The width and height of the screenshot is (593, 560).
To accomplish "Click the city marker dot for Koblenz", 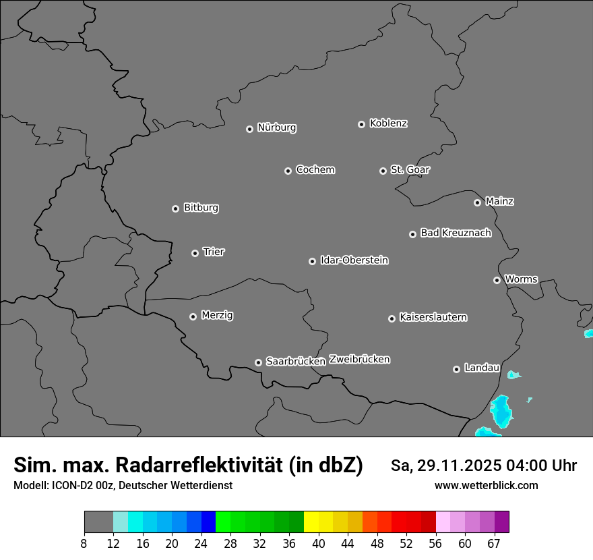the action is pos(361,124).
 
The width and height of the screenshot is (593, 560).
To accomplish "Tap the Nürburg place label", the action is pos(276,128).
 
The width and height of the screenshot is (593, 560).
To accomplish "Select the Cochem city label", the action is pos(315,169).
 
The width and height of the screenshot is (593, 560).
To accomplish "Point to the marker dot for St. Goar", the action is pos(383,171).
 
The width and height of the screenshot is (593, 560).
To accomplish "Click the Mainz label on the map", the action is pos(499,201).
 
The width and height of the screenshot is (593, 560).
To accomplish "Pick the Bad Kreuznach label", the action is pos(456,233).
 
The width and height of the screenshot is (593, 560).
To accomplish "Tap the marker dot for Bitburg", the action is pos(175,208).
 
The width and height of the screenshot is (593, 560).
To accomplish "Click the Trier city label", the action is pos(214,252).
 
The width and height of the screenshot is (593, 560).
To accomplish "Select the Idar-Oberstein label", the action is pos(354,260).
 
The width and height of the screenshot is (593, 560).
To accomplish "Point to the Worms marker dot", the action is pos(497,280).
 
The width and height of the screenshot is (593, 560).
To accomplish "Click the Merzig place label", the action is pos(218,315).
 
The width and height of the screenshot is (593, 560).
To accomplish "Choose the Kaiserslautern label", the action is pos(433,317).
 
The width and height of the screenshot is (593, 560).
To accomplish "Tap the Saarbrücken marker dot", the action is pos(258,362).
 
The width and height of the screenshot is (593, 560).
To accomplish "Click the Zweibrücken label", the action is pos(359,359).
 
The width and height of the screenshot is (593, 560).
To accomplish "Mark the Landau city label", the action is pos(482,368).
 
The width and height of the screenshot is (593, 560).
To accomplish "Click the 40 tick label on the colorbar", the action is pos(319,544).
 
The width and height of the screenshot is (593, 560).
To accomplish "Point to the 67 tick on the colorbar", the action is pos(494,544).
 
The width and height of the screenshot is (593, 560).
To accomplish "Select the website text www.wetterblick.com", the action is pos(486,485).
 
